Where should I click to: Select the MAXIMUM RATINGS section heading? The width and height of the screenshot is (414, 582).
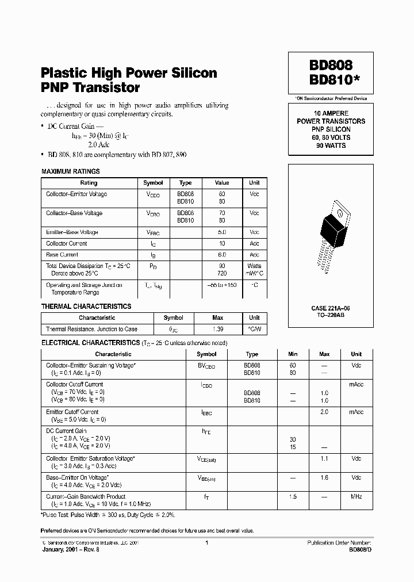click(71, 171)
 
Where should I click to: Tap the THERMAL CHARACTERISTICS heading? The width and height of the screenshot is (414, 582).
click(86, 307)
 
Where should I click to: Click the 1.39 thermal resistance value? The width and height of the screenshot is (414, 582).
click(218, 329)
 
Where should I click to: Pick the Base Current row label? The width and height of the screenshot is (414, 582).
click(62, 254)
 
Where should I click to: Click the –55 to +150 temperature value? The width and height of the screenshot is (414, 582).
click(222, 285)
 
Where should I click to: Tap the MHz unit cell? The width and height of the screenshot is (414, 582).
click(356, 496)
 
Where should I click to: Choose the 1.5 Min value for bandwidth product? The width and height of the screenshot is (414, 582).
click(293, 496)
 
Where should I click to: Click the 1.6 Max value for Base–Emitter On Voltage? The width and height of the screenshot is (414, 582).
click(324, 477)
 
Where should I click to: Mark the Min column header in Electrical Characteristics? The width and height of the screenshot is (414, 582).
click(293, 354)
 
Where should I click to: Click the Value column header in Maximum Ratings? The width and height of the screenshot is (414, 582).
click(222, 183)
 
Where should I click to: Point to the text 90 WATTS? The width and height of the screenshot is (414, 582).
click(331, 146)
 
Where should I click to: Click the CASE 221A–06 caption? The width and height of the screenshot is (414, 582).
click(331, 308)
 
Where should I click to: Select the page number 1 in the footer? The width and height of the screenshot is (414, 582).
click(206, 542)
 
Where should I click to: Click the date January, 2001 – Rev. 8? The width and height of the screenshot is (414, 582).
click(71, 549)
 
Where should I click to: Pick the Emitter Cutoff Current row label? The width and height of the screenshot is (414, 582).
click(72, 412)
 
